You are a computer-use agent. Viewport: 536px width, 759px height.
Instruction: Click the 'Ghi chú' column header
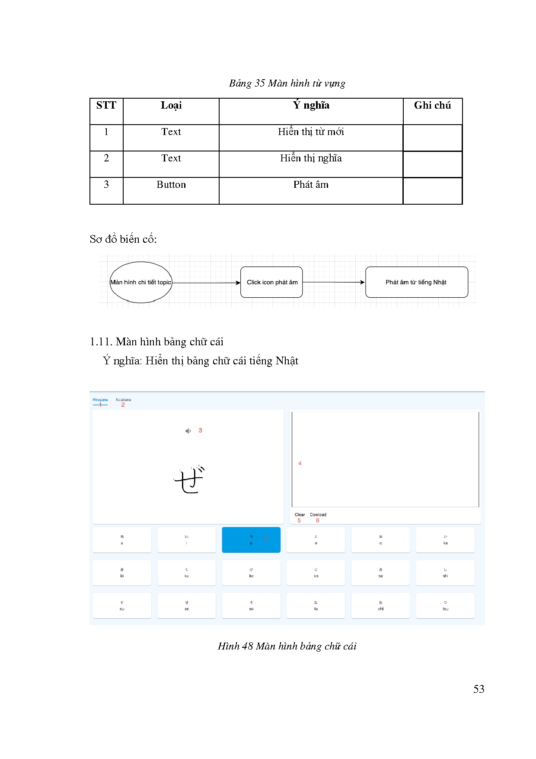[x=432, y=106]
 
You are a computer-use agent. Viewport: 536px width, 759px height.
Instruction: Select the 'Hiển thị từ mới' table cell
[x=311, y=132]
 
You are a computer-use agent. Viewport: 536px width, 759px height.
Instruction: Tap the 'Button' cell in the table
[x=171, y=185]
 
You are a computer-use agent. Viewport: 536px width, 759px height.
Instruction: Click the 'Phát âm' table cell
[x=311, y=185]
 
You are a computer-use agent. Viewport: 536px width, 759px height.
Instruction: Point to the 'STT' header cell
[x=106, y=106]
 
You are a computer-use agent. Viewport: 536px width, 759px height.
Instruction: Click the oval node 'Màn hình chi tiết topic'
[x=141, y=282]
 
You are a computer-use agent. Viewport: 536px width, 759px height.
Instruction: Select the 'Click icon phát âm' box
[x=272, y=282]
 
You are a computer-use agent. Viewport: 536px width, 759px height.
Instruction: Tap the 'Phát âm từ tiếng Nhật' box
[x=416, y=282]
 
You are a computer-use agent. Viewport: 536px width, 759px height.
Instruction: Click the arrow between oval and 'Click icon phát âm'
[x=206, y=283]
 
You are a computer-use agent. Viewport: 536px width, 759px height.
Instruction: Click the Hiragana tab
[x=100, y=400]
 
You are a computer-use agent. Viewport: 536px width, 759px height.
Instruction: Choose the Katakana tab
[x=123, y=400]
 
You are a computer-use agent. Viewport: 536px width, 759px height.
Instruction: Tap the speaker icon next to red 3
[x=188, y=431]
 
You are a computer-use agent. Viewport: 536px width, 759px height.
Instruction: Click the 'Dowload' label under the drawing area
[x=318, y=515]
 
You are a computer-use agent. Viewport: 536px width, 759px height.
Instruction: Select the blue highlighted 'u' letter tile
[x=251, y=540]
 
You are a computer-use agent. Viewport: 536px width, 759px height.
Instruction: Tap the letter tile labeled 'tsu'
[x=445, y=605]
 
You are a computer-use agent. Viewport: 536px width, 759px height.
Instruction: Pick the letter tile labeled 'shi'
[x=445, y=572]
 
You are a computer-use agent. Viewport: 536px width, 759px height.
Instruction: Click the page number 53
[x=479, y=689]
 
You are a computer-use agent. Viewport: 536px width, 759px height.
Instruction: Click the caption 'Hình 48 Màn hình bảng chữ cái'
[x=287, y=646]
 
